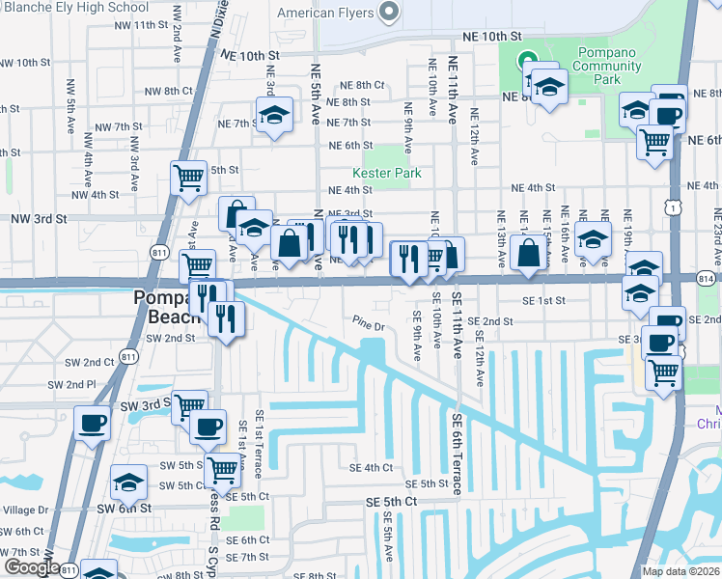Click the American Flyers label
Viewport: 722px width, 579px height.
coord(324,14)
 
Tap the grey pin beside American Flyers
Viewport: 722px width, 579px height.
coord(389,13)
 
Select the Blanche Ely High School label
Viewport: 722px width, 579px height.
coord(74,7)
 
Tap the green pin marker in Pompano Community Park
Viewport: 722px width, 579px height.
coord(528,60)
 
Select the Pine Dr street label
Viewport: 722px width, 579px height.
coord(369,325)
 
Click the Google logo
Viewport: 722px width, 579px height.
coord(30,567)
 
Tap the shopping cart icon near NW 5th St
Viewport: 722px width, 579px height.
coord(188,178)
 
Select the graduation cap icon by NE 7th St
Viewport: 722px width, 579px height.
coord(275,115)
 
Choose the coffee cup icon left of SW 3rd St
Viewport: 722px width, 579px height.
coord(92,423)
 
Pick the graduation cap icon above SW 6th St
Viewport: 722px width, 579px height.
coord(128,481)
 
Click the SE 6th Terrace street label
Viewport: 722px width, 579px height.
coord(456,454)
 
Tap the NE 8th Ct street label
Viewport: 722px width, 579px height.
coord(363,85)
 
